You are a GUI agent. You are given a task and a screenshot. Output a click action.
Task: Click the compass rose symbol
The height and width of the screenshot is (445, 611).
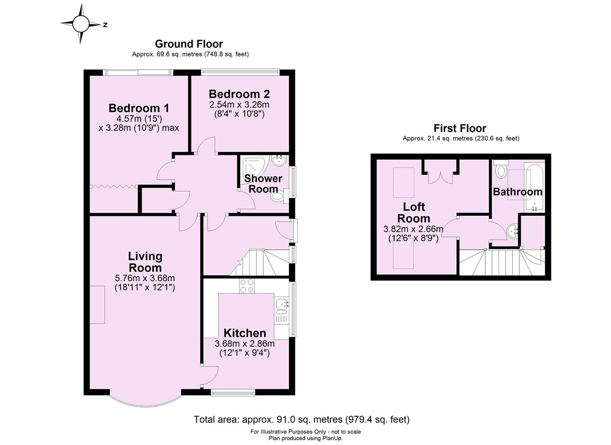tap(81, 24)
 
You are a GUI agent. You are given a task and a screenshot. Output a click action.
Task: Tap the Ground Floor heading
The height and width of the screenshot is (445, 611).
tap(189, 44)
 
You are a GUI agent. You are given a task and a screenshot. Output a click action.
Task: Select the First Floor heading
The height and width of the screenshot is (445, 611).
tap(460, 128)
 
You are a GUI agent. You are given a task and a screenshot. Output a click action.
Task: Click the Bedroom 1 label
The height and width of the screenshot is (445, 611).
tap(139, 108)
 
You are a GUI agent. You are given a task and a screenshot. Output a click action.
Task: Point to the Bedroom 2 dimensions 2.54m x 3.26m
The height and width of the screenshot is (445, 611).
tap(239, 105)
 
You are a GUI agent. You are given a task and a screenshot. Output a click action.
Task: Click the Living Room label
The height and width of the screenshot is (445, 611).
tap(145, 262)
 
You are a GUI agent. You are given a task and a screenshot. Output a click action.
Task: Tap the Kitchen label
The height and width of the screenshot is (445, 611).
tap(244, 333)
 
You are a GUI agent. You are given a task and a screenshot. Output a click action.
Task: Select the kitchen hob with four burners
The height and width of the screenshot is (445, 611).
tap(247, 286)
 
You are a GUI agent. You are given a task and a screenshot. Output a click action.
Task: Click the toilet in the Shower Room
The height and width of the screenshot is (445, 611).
tap(279, 197)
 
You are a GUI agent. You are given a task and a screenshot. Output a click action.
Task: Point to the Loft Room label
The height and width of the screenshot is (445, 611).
tap(414, 212)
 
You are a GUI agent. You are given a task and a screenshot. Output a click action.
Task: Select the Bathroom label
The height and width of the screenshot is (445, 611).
tap(517, 192)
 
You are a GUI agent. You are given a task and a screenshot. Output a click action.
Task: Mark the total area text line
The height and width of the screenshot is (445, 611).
tap(302, 419)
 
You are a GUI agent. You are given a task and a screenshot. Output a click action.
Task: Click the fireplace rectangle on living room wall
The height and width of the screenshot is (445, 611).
tap(98, 304)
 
